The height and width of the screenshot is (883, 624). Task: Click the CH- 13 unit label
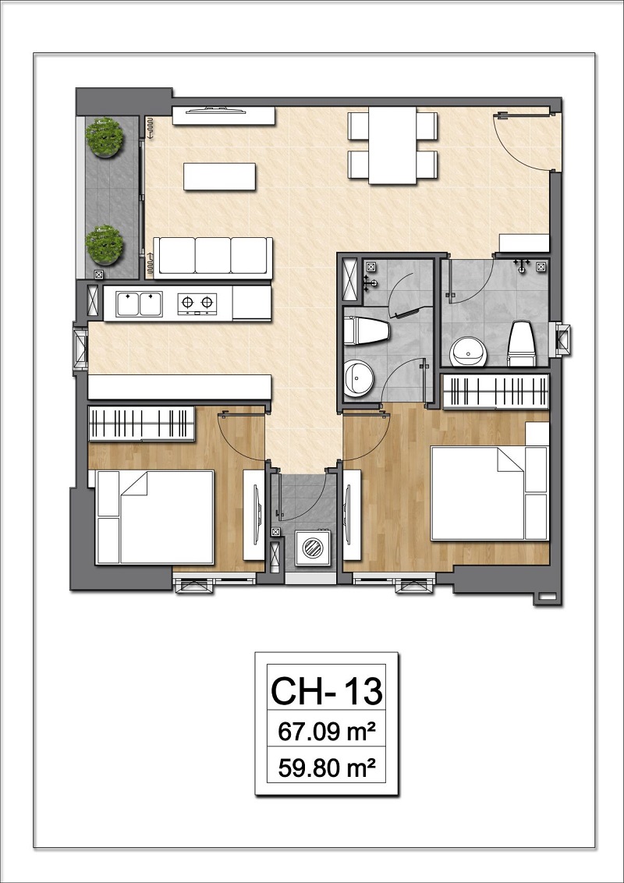(x=327, y=691)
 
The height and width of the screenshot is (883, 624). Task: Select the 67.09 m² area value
(x=327, y=732)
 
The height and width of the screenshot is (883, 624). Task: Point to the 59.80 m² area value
(x=327, y=767)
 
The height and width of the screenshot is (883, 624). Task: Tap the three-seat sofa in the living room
(x=213, y=258)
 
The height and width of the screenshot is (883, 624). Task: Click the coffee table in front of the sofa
(x=220, y=176)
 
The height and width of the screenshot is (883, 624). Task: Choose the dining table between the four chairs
(x=392, y=145)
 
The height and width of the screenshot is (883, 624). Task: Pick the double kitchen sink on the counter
(x=139, y=303)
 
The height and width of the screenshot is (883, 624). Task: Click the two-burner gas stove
(x=197, y=303)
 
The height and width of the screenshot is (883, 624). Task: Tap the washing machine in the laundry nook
(x=311, y=547)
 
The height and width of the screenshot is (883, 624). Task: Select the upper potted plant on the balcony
(x=105, y=137)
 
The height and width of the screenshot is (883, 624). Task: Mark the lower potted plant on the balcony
(x=105, y=245)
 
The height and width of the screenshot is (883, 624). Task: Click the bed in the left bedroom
(x=154, y=517)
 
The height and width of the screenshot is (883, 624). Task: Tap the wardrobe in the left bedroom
(x=142, y=424)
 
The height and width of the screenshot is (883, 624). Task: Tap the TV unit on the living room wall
(x=224, y=116)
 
